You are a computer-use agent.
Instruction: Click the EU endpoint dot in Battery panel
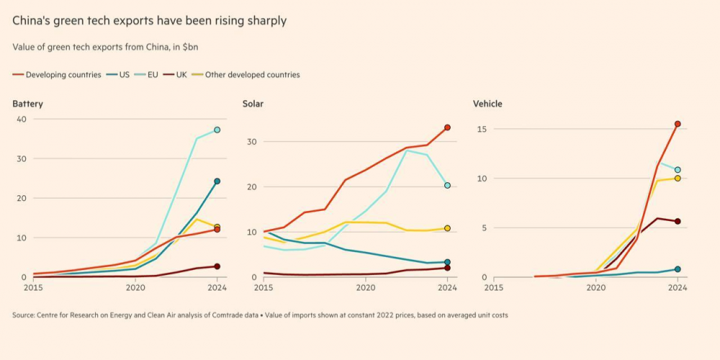(217, 130)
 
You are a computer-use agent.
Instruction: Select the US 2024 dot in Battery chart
(217, 181)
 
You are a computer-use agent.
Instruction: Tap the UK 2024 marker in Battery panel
(217, 266)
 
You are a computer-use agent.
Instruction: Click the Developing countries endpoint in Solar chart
(447, 127)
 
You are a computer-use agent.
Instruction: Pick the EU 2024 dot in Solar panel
(447, 185)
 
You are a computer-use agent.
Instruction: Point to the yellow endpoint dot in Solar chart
(447, 228)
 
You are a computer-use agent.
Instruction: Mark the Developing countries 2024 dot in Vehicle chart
(678, 124)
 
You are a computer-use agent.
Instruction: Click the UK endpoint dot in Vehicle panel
(678, 221)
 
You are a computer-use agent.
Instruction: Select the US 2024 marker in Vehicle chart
(678, 269)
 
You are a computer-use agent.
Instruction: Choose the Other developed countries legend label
(252, 75)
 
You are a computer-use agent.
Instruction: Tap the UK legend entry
(181, 75)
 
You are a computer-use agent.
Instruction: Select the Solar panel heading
(253, 104)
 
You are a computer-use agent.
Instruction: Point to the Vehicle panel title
(487, 104)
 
